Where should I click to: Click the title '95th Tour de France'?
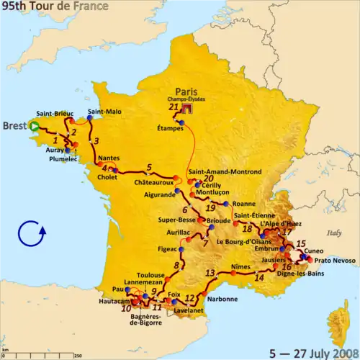[x=54, y=6]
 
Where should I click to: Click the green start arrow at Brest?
[x=35, y=126]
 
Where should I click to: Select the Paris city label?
[x=186, y=92]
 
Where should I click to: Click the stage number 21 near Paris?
[x=173, y=107]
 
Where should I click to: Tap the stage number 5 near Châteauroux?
[x=148, y=167]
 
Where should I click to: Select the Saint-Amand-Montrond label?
[x=224, y=173]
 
